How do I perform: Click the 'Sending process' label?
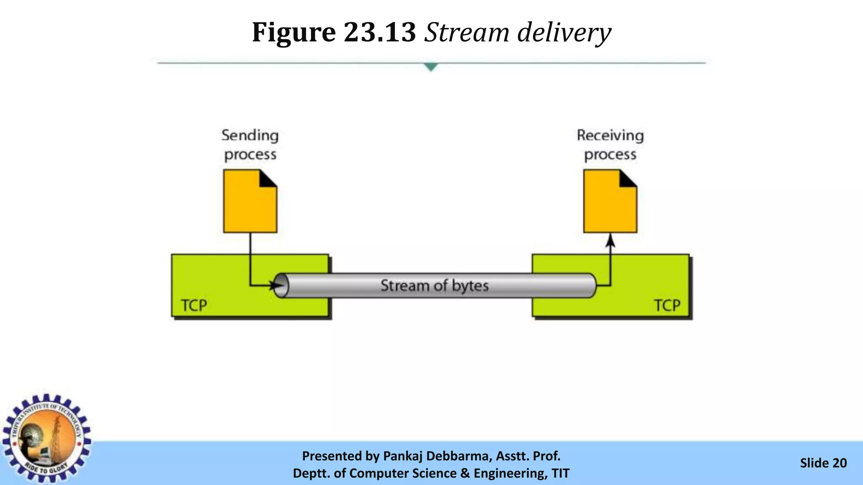[250, 145]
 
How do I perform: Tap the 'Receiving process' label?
[610, 145]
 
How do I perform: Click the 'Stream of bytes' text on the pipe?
[434, 285]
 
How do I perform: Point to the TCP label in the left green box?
[194, 305]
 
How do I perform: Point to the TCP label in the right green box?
[667, 305]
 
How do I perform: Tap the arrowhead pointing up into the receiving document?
[610, 241]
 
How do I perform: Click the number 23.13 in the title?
[380, 32]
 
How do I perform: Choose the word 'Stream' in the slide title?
[466, 32]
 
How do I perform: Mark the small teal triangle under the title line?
[431, 67]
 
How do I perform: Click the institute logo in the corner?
[46, 438]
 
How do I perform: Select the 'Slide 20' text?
[823, 463]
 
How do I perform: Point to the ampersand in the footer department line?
[465, 473]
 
